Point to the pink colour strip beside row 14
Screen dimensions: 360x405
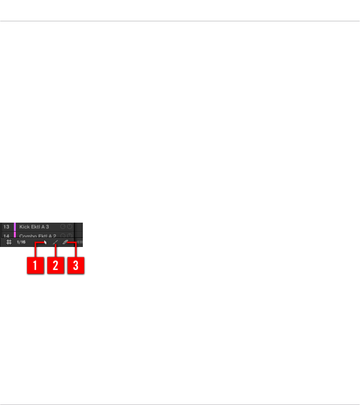[x=15, y=235]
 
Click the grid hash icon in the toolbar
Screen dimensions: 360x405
[x=9, y=242]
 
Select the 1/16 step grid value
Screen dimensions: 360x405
[x=21, y=242]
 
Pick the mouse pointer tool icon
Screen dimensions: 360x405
[x=45, y=242]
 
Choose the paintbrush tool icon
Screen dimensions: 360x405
[x=55, y=242]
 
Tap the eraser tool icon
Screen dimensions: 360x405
[x=65, y=242]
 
